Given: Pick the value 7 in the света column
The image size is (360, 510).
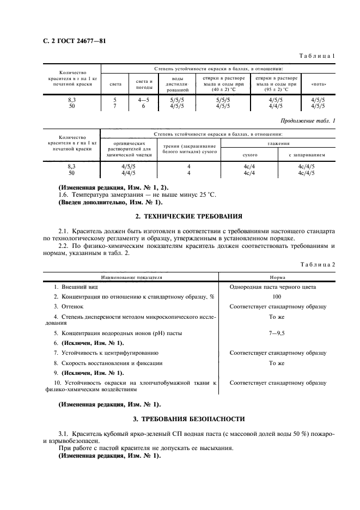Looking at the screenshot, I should (x=115, y=106).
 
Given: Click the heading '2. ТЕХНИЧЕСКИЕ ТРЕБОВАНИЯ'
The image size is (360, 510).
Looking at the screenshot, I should (x=180, y=217).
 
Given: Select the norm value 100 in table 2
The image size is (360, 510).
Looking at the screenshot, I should (x=277, y=296).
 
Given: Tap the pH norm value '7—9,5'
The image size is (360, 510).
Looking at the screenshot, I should (x=277, y=332).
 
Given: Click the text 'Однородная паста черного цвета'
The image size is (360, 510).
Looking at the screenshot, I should (x=277, y=287).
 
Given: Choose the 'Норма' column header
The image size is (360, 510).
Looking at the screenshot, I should (x=277, y=277).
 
